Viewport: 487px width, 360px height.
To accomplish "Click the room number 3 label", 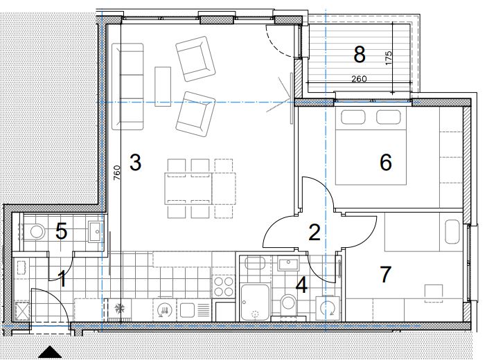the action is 135,162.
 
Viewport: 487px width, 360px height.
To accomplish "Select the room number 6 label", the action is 386,162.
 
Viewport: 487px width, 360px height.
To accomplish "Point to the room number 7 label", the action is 385,274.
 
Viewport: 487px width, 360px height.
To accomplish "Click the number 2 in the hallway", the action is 315,233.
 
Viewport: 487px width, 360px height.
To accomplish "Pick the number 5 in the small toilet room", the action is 61,231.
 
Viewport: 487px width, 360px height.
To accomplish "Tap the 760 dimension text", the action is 116,173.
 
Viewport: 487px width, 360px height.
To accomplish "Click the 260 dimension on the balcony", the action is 359,79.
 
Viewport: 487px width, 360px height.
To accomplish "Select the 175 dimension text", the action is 388,57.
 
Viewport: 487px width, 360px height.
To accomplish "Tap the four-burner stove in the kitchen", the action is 224,287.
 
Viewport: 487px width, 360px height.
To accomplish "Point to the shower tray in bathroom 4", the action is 255,303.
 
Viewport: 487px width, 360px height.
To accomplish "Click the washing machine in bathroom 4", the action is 328,309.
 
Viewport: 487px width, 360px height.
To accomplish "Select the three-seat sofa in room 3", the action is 127,87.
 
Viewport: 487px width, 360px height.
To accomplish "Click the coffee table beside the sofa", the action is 163,87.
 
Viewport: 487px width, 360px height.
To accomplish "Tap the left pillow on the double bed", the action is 353,117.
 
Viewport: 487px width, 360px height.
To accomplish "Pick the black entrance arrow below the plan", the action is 50,352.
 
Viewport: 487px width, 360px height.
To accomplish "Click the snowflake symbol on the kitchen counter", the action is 119,309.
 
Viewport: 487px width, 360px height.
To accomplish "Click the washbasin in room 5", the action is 95,231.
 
